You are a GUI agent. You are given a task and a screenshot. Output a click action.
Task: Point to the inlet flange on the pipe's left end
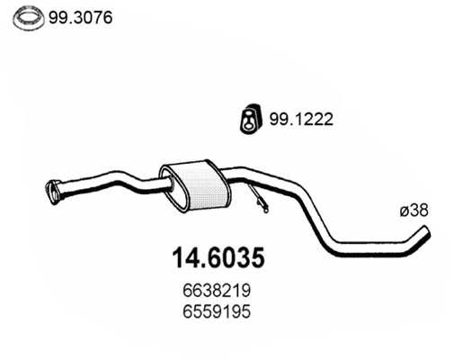(x=53, y=190)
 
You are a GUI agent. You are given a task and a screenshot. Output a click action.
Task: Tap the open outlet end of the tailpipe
(x=427, y=233)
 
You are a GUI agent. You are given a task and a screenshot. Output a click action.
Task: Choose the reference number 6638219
(x=218, y=292)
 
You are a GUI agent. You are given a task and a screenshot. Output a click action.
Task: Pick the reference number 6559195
(x=218, y=312)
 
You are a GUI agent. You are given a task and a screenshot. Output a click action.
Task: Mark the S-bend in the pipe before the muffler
(x=135, y=180)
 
